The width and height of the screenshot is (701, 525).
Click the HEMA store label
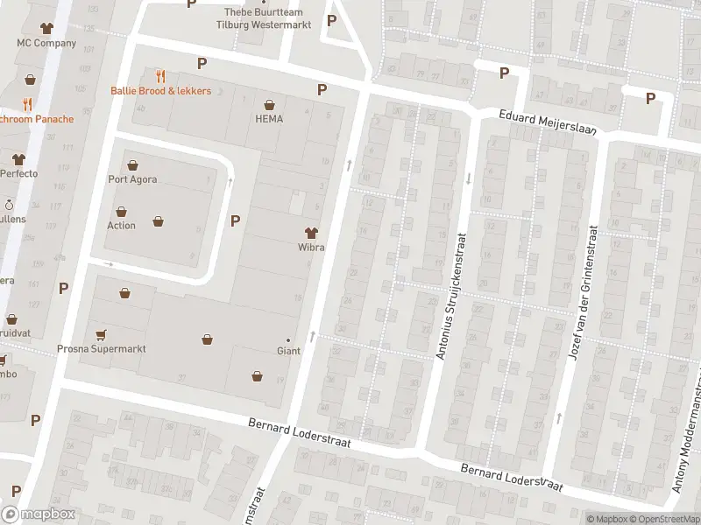click(269, 119)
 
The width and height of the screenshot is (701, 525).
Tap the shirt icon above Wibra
click(310, 233)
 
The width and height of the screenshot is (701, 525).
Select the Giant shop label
click(288, 351)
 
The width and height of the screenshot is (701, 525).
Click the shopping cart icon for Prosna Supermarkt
click(102, 333)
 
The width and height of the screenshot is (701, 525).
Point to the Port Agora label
click(132, 180)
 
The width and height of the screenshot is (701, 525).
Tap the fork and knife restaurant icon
click(160, 76)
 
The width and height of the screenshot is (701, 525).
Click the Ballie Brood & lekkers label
click(160, 91)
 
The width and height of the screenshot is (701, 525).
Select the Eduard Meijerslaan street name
click(548, 122)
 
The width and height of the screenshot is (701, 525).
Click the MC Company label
click(46, 43)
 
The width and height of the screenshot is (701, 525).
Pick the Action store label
click(121, 226)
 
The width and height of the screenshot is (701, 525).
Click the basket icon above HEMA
click(269, 104)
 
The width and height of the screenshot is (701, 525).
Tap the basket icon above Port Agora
click(132, 165)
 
